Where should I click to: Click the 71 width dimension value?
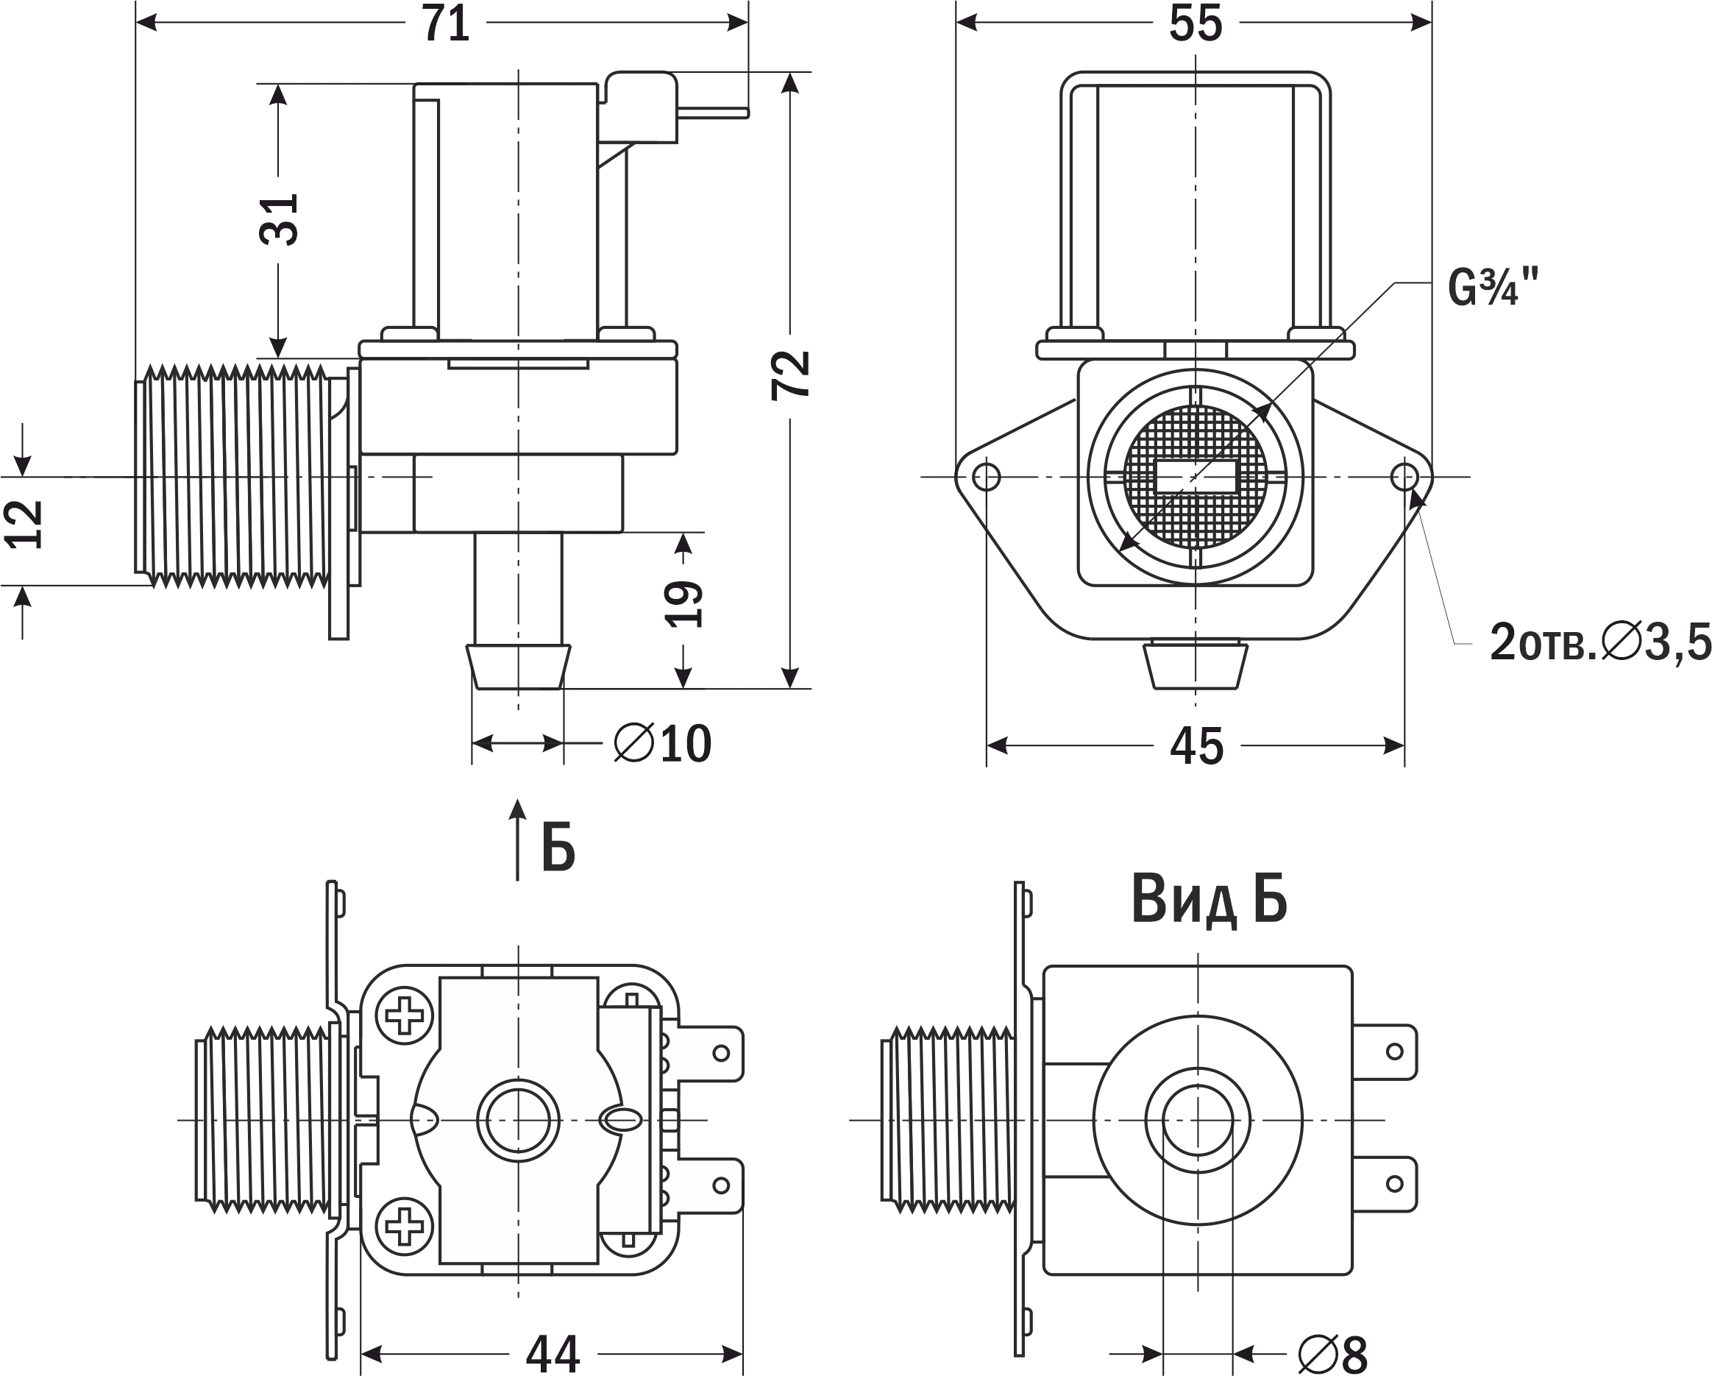coord(445,24)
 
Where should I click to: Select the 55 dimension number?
coord(1195,24)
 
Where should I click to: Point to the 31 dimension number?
coord(280,219)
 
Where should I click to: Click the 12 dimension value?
coord(24,524)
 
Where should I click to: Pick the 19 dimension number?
coord(683,603)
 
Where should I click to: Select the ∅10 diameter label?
coord(663,744)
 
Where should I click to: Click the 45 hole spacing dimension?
coord(1197,747)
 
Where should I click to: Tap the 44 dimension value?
coord(553,1353)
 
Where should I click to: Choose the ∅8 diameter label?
coord(1333,1353)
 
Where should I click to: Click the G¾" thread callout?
coord(1493,287)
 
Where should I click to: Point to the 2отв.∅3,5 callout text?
coord(1600,642)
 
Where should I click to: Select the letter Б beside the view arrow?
coord(558,848)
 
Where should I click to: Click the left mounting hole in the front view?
coord(987,478)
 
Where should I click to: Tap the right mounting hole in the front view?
coord(1404,478)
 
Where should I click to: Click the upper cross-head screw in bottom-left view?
coord(404,1015)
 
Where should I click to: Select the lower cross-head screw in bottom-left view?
coord(404,1226)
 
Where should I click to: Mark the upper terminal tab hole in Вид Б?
coord(1394,1052)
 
